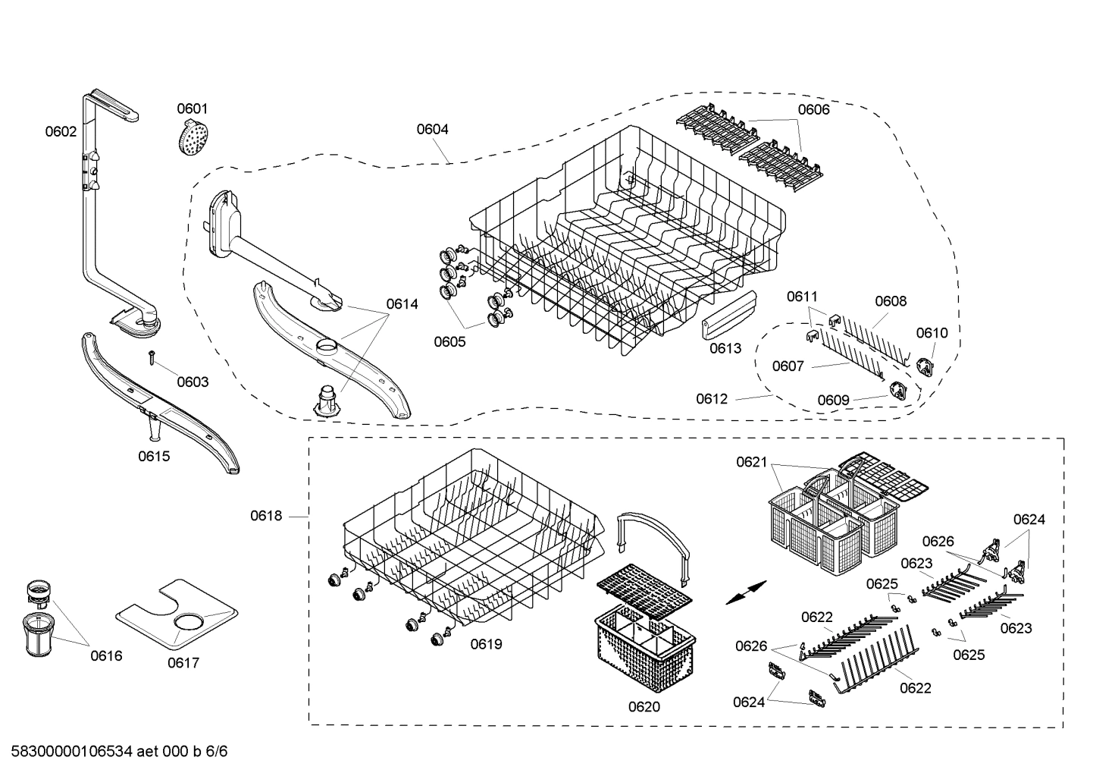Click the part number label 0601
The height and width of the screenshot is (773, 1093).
pyautogui.click(x=192, y=108)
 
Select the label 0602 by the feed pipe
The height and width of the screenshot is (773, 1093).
pyautogui.click(x=61, y=131)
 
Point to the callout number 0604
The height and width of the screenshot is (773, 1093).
pyautogui.click(x=432, y=129)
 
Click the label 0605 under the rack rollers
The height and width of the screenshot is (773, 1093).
pyautogui.click(x=449, y=341)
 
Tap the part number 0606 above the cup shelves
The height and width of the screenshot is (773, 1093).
pyautogui.click(x=813, y=109)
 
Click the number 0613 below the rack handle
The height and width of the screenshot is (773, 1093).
pyautogui.click(x=725, y=348)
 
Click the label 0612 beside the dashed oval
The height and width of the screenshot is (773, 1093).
pyautogui.click(x=712, y=398)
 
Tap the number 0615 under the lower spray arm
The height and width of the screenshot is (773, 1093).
pyautogui.click(x=154, y=456)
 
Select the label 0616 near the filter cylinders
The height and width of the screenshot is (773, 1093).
pyautogui.click(x=106, y=655)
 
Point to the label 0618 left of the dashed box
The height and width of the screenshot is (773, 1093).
pyautogui.click(x=266, y=516)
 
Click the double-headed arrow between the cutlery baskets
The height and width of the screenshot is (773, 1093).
pyautogui.click(x=745, y=592)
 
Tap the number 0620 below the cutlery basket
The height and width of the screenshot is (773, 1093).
pyautogui.click(x=644, y=706)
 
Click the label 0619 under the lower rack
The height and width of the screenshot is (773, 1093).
pyautogui.click(x=486, y=644)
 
